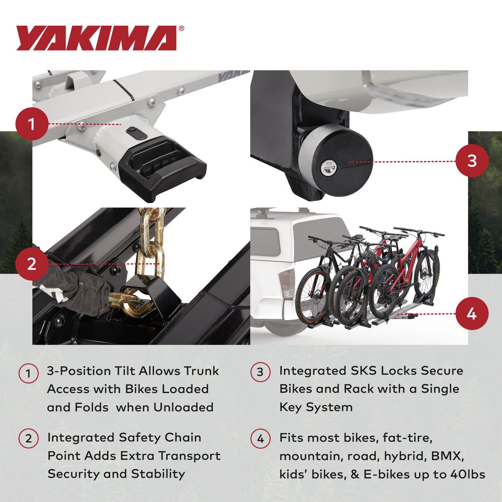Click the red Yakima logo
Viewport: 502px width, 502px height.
pyautogui.click(x=96, y=38)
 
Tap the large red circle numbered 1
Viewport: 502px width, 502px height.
pyautogui.click(x=32, y=124)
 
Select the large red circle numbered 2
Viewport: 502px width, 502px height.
pyautogui.click(x=32, y=264)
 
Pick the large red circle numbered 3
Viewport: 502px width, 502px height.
pyautogui.click(x=472, y=161)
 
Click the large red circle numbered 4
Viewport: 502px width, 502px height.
pyautogui.click(x=472, y=314)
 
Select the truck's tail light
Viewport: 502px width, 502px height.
pyautogui.click(x=287, y=283)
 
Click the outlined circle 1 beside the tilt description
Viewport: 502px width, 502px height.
pyautogui.click(x=28, y=373)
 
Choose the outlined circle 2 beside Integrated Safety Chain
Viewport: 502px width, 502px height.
pyautogui.click(x=28, y=438)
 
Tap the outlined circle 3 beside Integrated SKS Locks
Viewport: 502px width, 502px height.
pyautogui.click(x=260, y=372)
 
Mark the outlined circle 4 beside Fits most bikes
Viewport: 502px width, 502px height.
pyautogui.click(x=260, y=439)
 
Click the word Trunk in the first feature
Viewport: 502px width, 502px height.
pyautogui.click(x=201, y=371)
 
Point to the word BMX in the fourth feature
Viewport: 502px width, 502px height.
pyautogui.click(x=447, y=456)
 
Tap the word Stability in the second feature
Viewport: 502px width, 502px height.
pyautogui.click(x=158, y=474)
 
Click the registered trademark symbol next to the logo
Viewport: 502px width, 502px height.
pyautogui.click(x=181, y=28)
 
